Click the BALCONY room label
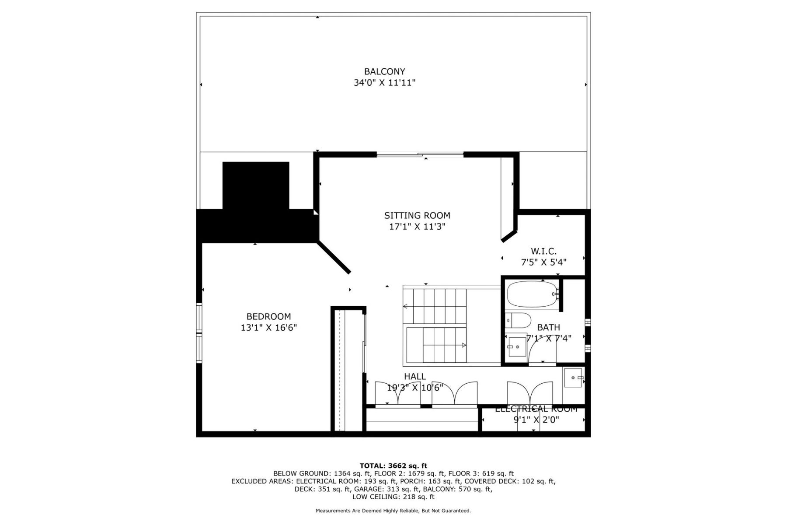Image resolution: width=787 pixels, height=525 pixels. pyautogui.click(x=385, y=71)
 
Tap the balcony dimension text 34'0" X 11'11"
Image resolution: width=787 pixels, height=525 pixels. pyautogui.click(x=385, y=83)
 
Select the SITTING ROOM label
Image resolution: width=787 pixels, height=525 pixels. pyautogui.click(x=417, y=215)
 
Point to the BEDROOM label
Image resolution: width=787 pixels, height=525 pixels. pyautogui.click(x=268, y=316)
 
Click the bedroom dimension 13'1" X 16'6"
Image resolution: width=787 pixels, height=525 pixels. pyautogui.click(x=268, y=328)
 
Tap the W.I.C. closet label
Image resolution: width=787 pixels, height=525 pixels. pyautogui.click(x=543, y=251)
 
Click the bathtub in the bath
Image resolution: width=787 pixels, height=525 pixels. pyautogui.click(x=532, y=294)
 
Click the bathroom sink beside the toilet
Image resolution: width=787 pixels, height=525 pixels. pyautogui.click(x=516, y=347)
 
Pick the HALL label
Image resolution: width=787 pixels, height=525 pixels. pyautogui.click(x=415, y=376)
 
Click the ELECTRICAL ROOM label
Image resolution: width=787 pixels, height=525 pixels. pyautogui.click(x=536, y=409)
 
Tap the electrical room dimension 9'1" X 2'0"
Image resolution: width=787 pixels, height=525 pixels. pyautogui.click(x=536, y=420)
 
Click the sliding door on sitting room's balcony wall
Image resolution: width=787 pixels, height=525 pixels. pyautogui.click(x=420, y=154)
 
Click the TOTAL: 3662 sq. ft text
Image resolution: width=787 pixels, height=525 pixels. pyautogui.click(x=393, y=465)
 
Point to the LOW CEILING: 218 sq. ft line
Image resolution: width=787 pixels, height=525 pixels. pyautogui.click(x=393, y=497)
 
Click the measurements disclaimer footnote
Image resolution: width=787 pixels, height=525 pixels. pyautogui.click(x=393, y=511)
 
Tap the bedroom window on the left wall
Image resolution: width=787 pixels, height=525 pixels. pyautogui.click(x=199, y=333)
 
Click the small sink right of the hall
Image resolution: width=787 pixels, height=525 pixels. pyautogui.click(x=573, y=378)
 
